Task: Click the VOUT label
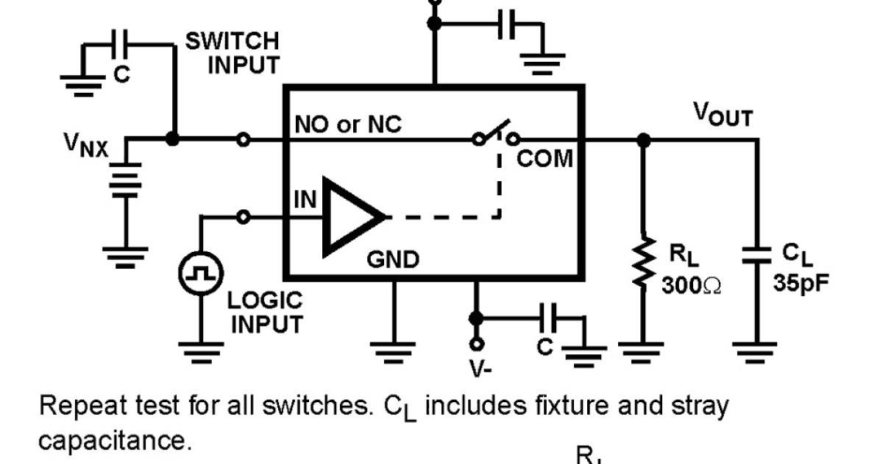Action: coord(723,114)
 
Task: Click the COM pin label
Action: coord(545,158)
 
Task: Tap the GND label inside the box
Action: coord(394,259)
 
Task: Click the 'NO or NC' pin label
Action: coord(348,125)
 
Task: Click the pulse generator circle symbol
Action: coord(200,274)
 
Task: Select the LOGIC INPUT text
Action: coord(265,312)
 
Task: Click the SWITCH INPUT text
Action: coord(233,52)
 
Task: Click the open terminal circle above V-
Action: coord(477,343)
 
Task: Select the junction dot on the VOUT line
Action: coord(644,138)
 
